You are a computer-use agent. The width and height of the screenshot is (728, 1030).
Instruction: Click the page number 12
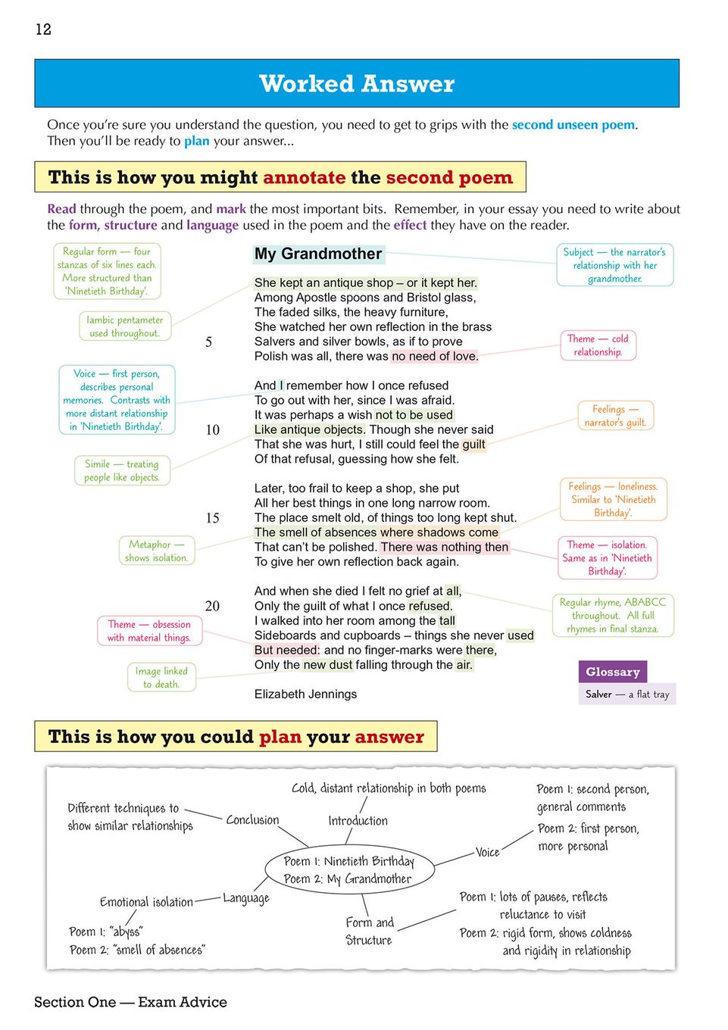coord(43,30)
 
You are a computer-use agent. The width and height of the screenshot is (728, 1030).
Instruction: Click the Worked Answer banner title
coord(357,83)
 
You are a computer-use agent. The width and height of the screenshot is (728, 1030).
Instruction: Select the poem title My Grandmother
coord(318,254)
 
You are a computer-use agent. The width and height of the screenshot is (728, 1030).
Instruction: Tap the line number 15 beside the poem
coord(212,518)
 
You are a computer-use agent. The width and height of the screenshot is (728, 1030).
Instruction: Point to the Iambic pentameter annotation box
coord(125,326)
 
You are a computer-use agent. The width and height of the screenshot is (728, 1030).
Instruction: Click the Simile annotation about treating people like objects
coord(122,470)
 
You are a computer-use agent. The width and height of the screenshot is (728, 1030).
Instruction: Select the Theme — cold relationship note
coord(598,345)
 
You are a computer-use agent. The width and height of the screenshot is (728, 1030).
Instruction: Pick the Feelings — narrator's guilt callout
coord(615,416)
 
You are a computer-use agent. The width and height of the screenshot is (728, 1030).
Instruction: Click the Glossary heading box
coord(612,672)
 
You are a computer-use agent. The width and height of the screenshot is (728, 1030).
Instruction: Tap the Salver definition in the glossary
coord(627,694)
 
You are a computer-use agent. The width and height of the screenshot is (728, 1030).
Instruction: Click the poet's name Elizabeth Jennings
coord(305,694)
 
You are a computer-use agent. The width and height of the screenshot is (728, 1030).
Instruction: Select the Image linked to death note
coord(161,677)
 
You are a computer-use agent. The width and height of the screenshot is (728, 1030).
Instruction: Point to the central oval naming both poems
coord(348,870)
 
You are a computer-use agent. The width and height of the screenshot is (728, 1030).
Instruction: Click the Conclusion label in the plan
coord(252,820)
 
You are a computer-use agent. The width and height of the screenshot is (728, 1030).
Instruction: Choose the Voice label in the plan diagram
coord(487,852)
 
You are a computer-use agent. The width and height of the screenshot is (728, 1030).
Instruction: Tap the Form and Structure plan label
coord(369,931)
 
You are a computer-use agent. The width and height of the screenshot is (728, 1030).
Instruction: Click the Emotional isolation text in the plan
coord(146,902)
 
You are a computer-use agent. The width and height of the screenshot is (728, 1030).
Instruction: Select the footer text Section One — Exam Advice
coord(130,1002)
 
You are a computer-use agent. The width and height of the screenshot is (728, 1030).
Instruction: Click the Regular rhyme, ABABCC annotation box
coord(612,615)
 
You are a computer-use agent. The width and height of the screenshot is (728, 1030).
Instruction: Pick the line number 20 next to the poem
coord(212,606)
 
